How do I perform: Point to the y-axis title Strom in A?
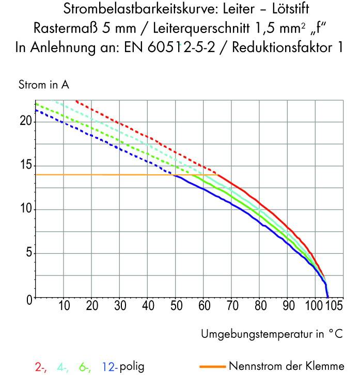44,85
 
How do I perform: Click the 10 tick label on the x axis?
64,306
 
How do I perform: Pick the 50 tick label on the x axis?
176,306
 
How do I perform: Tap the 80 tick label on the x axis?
260,306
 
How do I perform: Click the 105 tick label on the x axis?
333,306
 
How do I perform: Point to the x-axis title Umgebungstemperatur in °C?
271,334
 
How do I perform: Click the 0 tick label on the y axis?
28,299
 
